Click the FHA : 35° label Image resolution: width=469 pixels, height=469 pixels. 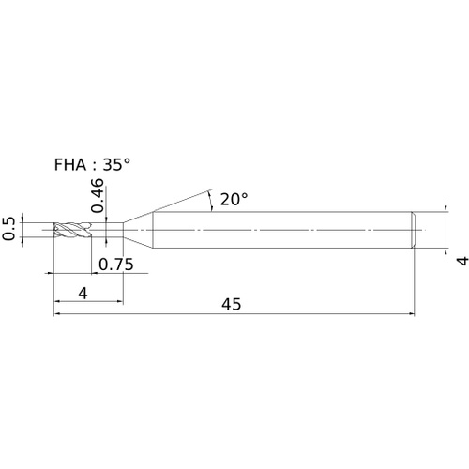(92, 164)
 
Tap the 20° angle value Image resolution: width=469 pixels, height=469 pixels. (234, 199)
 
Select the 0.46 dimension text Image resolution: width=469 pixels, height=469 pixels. (97, 195)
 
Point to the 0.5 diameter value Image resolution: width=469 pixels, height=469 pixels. (8, 229)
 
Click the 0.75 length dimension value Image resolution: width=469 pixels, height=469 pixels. (116, 265)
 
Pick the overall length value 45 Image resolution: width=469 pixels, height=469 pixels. (232, 304)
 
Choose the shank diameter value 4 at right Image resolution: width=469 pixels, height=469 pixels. (462, 261)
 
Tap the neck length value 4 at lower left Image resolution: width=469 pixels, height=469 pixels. (83, 294)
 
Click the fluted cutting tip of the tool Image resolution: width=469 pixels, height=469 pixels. (72, 230)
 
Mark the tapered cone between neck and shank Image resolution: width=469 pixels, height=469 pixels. (138, 230)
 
